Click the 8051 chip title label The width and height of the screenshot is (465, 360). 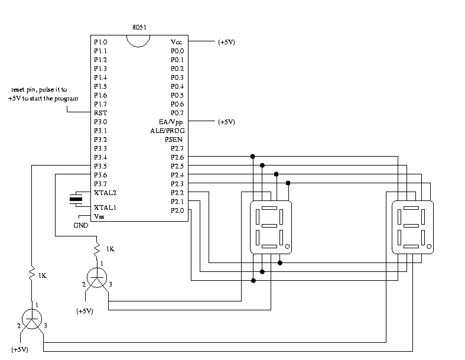pyautogui.click(x=140, y=28)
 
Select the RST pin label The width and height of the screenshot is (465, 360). pyautogui.click(x=100, y=113)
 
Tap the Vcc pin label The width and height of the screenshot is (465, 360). pyautogui.click(x=177, y=42)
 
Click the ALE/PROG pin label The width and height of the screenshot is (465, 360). pyautogui.click(x=167, y=131)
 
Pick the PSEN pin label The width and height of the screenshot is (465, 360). pyautogui.click(x=174, y=140)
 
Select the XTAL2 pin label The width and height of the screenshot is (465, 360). pyautogui.click(x=105, y=193)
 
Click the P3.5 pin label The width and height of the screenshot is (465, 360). pyautogui.click(x=100, y=166)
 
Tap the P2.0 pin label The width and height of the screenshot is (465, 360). pyautogui.click(x=177, y=210)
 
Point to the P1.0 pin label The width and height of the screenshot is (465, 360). pyautogui.click(x=100, y=42)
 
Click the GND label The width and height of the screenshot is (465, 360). pyautogui.click(x=81, y=225)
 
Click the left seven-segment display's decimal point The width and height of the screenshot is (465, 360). pyautogui.click(x=287, y=245)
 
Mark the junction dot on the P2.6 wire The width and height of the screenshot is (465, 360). pyautogui.click(x=252, y=157)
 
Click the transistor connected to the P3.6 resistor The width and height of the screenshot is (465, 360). pyautogui.click(x=97, y=278)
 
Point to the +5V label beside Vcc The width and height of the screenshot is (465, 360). pyautogui.click(x=227, y=42)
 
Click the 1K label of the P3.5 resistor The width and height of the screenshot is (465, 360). pyautogui.click(x=42, y=275)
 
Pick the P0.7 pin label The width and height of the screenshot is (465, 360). pyautogui.click(x=177, y=113)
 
